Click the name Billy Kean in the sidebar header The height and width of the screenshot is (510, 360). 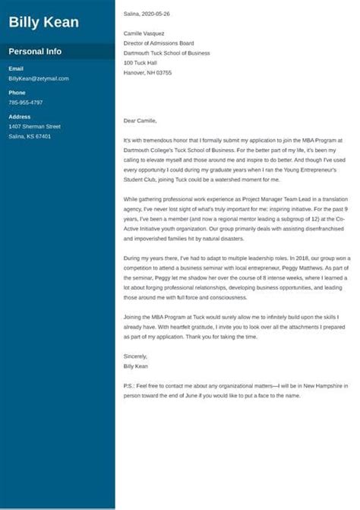(x=43, y=22)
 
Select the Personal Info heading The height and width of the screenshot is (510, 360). (x=35, y=52)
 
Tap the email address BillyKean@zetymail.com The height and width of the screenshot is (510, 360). (x=39, y=78)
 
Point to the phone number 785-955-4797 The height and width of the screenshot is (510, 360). (x=26, y=102)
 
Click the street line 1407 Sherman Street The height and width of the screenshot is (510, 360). (x=34, y=126)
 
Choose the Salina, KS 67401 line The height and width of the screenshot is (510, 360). (x=30, y=136)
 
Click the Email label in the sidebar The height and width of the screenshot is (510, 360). (x=16, y=68)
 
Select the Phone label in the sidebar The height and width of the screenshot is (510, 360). (x=17, y=93)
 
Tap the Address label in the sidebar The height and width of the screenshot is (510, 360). (x=20, y=116)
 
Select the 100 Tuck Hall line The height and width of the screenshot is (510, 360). (x=141, y=63)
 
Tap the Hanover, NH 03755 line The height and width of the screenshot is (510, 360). (x=147, y=73)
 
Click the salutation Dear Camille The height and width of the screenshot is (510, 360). (x=144, y=121)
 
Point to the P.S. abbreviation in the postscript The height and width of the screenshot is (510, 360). (x=128, y=386)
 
